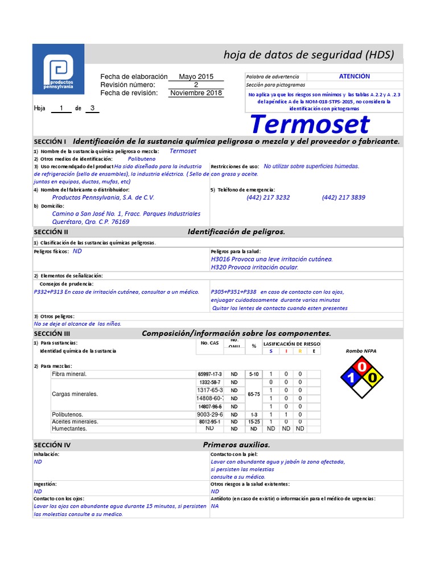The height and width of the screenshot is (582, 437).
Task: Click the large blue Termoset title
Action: point(310,124)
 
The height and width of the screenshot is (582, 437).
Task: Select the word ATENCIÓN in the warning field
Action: point(354,76)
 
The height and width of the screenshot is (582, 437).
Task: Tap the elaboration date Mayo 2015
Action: point(196,77)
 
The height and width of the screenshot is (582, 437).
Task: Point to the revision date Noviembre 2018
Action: point(196,93)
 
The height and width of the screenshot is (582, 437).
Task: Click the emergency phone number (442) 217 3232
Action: point(268,198)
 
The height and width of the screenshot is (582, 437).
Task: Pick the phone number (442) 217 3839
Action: point(344,198)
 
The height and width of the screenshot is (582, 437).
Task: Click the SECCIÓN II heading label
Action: point(51,232)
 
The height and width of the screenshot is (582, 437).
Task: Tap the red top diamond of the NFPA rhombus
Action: point(362,367)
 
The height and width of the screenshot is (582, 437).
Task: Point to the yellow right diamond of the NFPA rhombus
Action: point(372,377)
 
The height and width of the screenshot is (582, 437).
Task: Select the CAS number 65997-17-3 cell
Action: point(209,374)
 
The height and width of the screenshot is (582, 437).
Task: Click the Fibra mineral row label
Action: point(69,374)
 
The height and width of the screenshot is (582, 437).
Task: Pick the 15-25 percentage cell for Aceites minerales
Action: point(254,422)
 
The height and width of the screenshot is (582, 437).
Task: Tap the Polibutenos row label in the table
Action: point(67,415)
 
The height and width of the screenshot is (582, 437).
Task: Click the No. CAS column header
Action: point(210,343)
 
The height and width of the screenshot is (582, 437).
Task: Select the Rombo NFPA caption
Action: point(361,351)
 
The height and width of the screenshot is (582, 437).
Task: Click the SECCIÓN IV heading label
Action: point(52,445)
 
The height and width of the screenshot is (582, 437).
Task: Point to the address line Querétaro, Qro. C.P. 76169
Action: point(90,222)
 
